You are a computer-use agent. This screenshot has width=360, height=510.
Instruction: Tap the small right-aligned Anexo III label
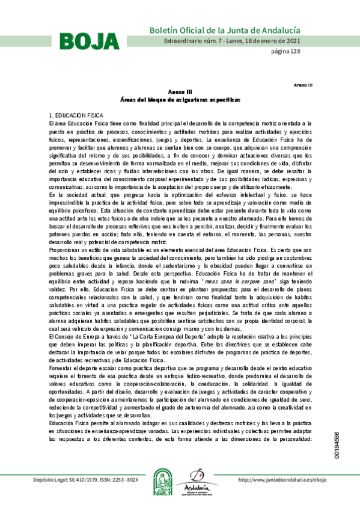303,85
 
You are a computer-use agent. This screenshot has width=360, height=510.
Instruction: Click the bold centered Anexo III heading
180,91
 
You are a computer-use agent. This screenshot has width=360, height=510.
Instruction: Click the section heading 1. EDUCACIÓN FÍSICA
76,115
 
